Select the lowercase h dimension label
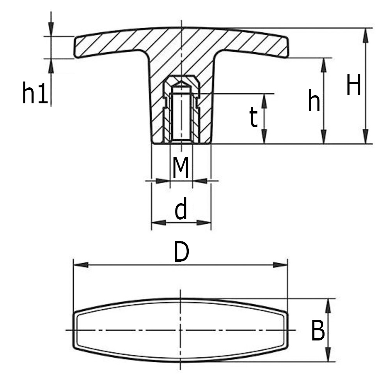pyautogui.click(x=314, y=101)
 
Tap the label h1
pyautogui.click(x=35, y=94)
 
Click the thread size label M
pyautogui.click(x=181, y=168)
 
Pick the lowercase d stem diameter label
pyautogui.click(x=181, y=209)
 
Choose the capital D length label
pyautogui.click(x=181, y=252)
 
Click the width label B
pyautogui.click(x=318, y=331)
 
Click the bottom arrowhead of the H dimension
pyautogui.click(x=365, y=137)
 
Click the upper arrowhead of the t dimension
pyautogui.click(x=264, y=101)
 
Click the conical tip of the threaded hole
pyautogui.click(x=181, y=84)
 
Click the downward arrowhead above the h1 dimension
pyautogui.click(x=51, y=29)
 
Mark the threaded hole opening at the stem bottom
pyautogui.click(x=181, y=141)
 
